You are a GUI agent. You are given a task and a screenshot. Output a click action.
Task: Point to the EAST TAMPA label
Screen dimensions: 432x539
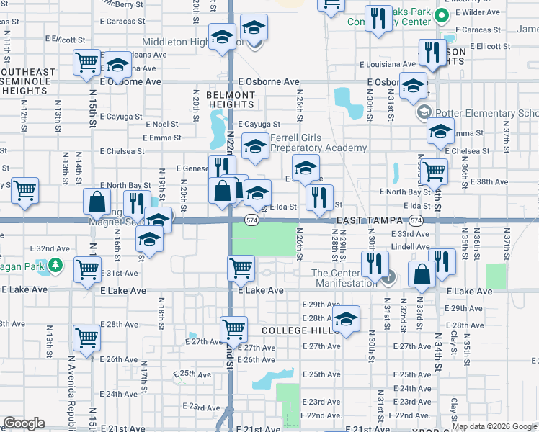click(362, 220)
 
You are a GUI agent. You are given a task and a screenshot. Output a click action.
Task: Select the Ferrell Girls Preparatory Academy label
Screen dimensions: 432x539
click(318, 143)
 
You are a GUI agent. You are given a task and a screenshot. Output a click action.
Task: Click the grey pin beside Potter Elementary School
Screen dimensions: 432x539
click(424, 113)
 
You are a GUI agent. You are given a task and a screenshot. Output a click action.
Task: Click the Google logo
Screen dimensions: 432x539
click(24, 423)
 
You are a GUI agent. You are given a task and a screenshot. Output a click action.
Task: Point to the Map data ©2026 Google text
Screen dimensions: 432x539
click(494, 426)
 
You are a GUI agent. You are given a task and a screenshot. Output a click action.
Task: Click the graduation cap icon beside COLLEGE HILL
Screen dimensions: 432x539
click(346, 319)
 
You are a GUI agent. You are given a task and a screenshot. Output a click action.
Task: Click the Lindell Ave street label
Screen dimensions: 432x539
click(411, 247)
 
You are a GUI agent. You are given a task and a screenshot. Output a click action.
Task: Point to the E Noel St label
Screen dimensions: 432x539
click(161, 125)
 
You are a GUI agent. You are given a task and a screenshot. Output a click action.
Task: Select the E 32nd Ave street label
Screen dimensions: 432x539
click(50, 248)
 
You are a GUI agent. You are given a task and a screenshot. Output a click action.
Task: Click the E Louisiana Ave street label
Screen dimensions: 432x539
click(392, 63)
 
